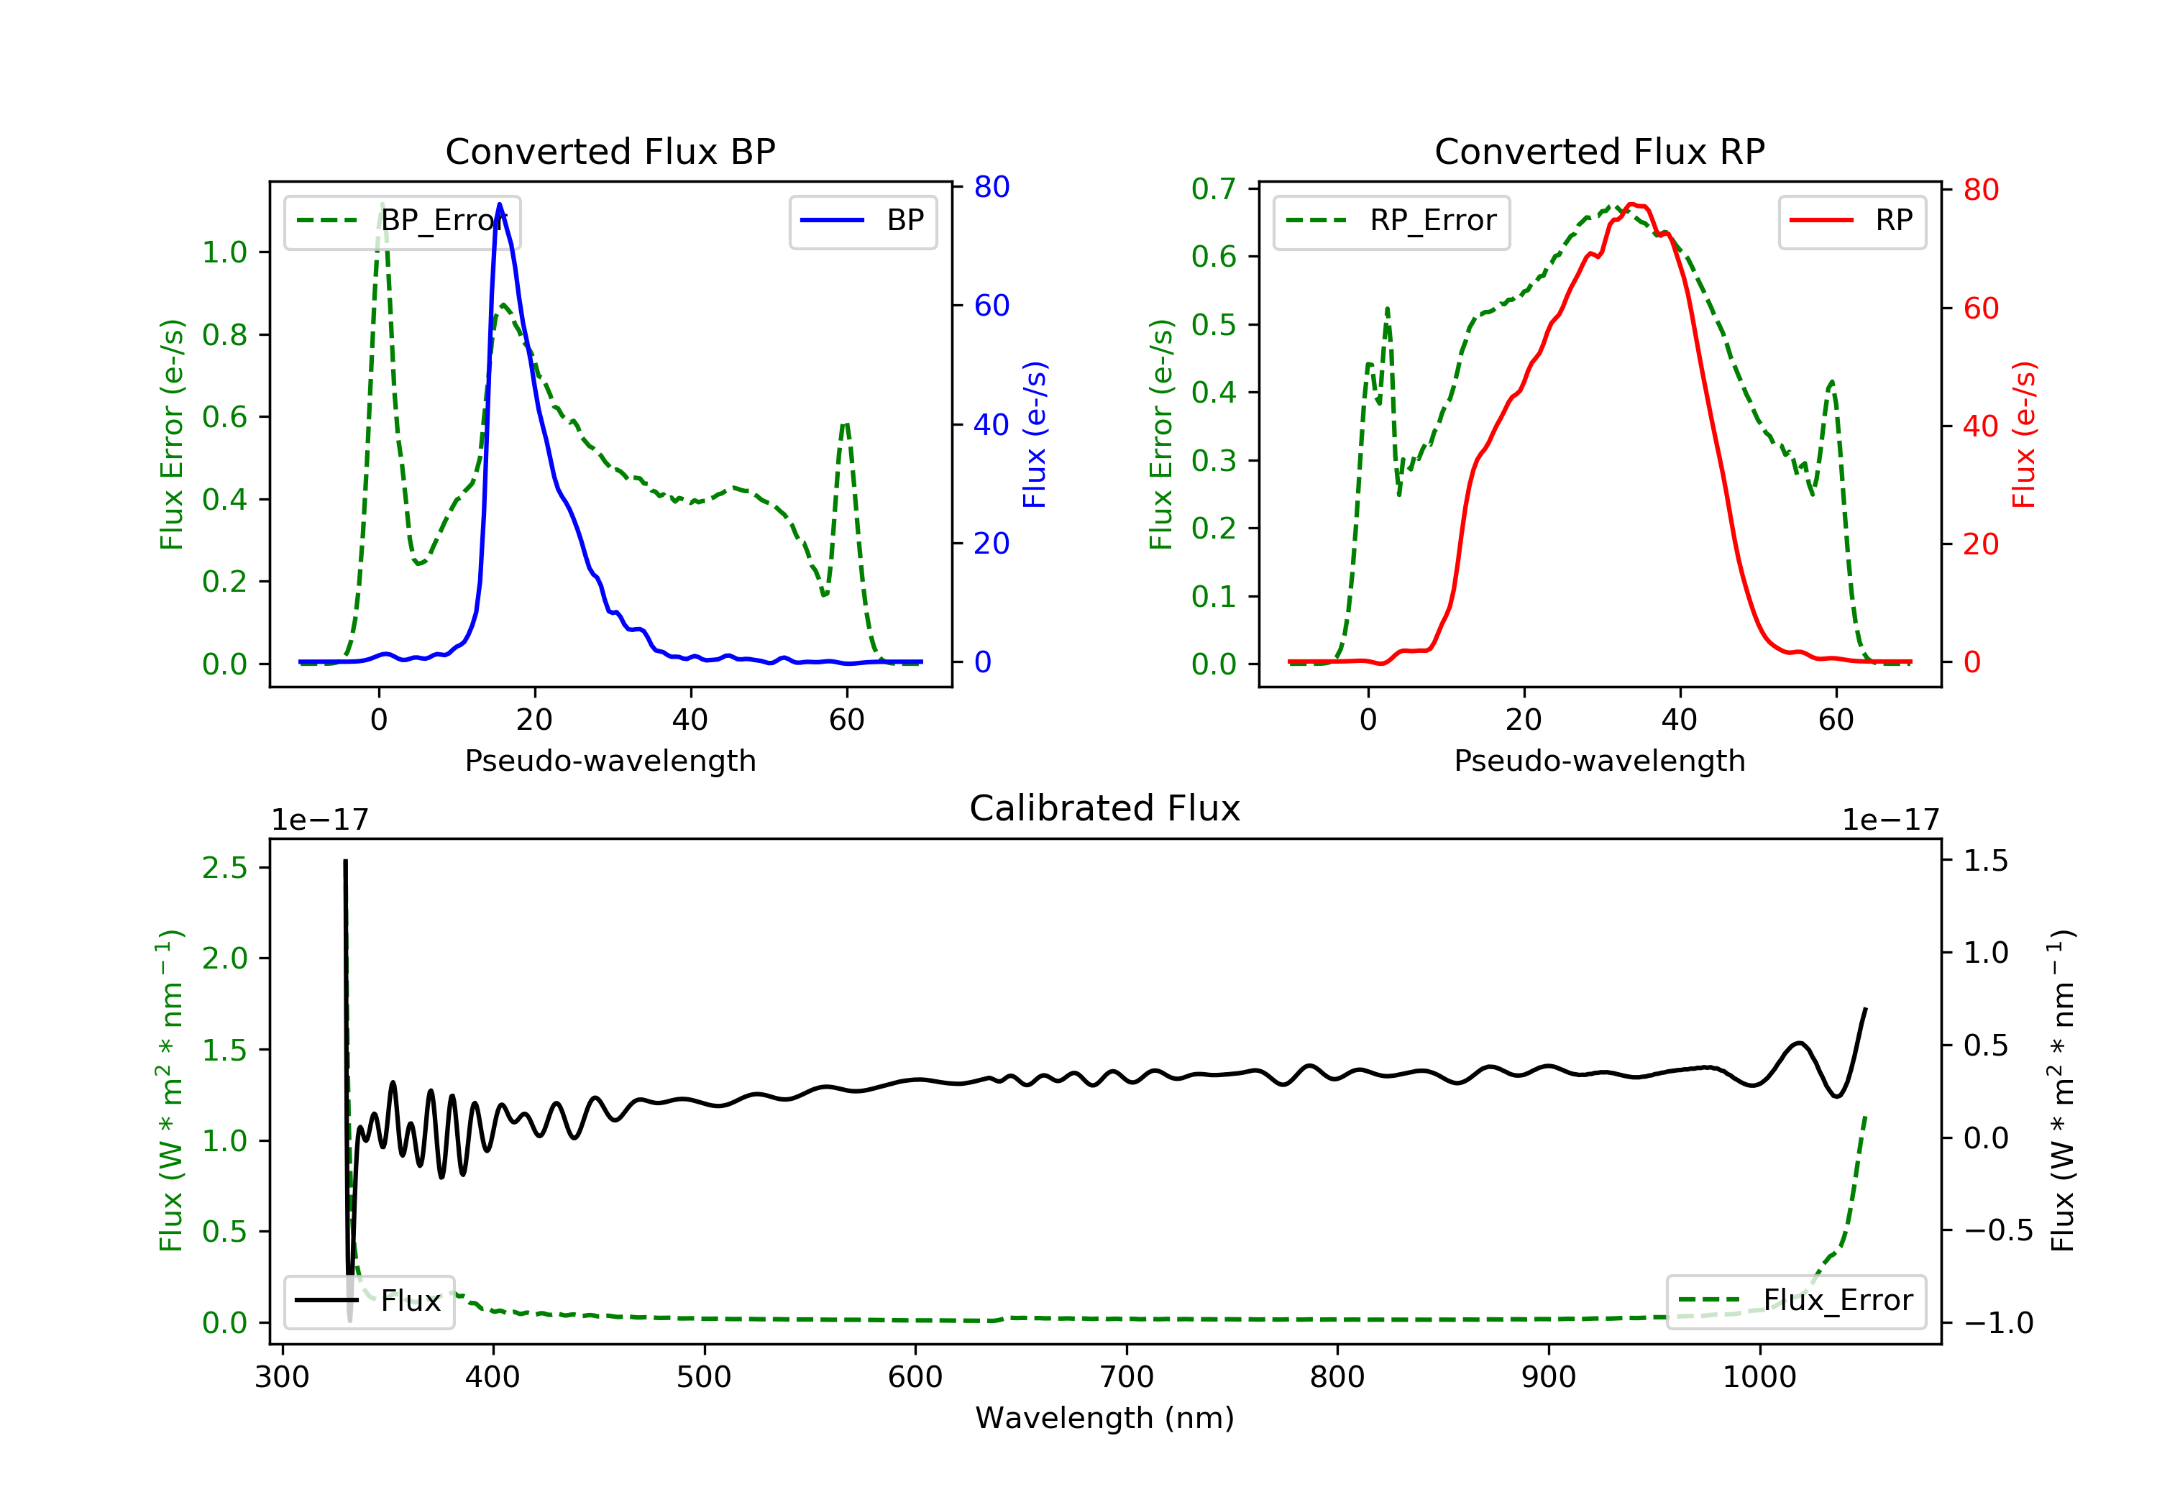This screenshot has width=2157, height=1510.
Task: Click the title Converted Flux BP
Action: (x=610, y=151)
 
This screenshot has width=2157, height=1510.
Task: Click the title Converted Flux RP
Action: (x=1599, y=151)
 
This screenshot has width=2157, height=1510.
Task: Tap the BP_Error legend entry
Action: (x=402, y=221)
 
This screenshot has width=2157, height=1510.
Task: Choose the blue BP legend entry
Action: (x=862, y=221)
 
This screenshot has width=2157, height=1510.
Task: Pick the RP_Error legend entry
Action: (x=1391, y=221)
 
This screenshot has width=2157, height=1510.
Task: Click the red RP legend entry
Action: (x=1851, y=221)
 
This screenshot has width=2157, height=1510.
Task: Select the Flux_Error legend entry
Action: (x=1795, y=1301)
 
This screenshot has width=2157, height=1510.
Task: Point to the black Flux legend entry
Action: (x=370, y=1301)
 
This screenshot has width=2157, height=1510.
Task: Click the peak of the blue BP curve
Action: (x=499, y=204)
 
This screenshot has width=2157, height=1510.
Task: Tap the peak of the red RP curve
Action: (x=1632, y=204)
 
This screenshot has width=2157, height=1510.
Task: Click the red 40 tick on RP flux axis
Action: (x=1980, y=426)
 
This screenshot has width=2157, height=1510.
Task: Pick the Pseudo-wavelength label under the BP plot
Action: (x=610, y=760)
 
